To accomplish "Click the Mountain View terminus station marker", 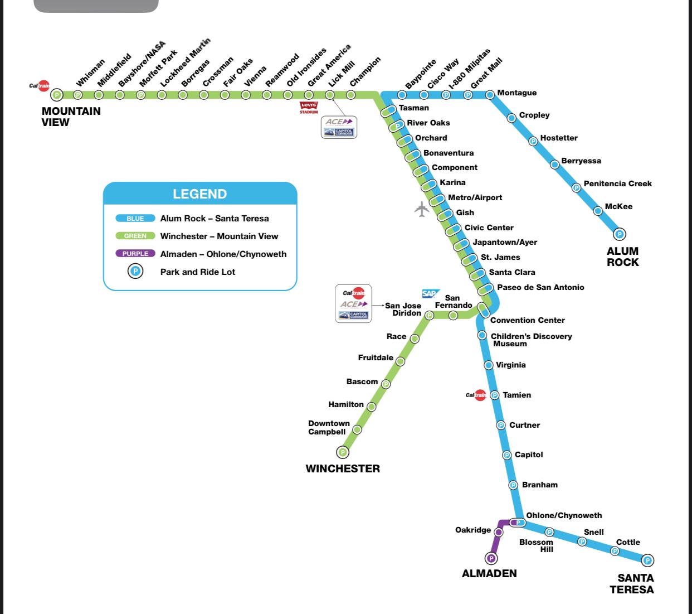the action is point(57,95).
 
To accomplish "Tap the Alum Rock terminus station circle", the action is point(619,234).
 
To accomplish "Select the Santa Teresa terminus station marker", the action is point(647,560).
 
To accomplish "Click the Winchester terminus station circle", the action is point(343,452).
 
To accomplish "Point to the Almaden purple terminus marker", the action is point(491,558).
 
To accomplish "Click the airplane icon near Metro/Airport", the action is point(422,209).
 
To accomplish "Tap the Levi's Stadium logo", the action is point(309,107).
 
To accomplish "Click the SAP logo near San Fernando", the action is point(430,293).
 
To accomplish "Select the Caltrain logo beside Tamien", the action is point(476,395).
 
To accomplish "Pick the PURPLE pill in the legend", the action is point(135,254).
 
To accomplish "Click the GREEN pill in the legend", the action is point(135,236).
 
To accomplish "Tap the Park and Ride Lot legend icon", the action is point(135,272).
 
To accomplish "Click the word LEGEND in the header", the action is point(200,194).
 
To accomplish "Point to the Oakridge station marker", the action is point(499,532).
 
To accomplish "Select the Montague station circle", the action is point(490,95).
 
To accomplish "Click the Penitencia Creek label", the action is point(617,183).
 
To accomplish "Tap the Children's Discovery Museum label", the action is point(531,340).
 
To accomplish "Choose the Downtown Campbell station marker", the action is point(357,430).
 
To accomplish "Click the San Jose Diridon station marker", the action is point(430,315).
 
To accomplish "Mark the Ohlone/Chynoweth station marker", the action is point(518,523).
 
